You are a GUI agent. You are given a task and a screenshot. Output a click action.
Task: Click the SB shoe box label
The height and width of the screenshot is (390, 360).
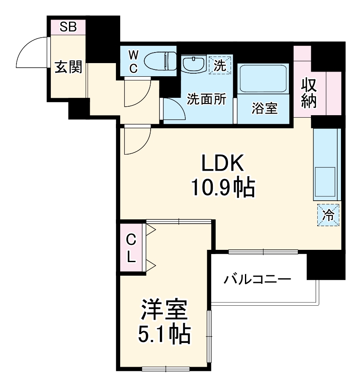(x=68, y=28)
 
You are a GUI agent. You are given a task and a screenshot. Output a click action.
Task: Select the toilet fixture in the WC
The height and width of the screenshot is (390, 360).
(x=159, y=61)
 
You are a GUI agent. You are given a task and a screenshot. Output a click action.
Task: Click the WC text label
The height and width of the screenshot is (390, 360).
(x=133, y=61)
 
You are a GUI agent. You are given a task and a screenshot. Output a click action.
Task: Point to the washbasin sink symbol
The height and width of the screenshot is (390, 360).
(x=194, y=65)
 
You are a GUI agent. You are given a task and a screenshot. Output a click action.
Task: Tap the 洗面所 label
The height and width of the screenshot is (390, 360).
(x=206, y=100)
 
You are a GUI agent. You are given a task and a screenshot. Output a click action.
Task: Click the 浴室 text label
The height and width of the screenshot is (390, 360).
(x=264, y=109)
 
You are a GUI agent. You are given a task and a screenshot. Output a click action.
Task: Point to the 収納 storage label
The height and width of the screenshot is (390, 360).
(x=309, y=94)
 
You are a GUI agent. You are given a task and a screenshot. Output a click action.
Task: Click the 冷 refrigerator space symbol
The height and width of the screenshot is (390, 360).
(x=328, y=215)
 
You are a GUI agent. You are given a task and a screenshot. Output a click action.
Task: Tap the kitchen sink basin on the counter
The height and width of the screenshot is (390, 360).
(x=325, y=181)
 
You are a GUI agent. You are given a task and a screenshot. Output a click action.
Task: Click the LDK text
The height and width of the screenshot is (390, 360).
(x=222, y=163)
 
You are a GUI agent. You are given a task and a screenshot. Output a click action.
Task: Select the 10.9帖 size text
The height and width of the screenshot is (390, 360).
(x=223, y=188)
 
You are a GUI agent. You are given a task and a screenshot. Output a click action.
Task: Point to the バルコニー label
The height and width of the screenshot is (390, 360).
(x=257, y=279)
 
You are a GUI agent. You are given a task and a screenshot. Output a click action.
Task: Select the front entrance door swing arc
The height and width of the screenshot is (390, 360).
(x=32, y=53)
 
